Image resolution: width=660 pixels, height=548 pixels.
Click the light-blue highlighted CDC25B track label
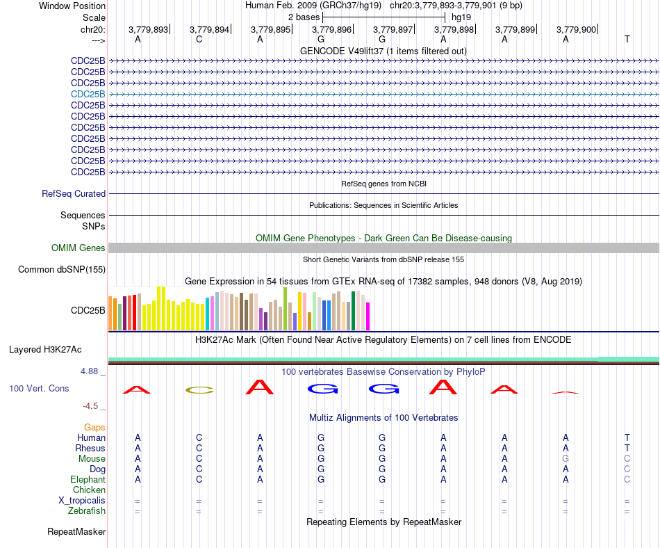click(x=88, y=94)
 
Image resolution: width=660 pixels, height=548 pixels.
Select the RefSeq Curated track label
click(x=74, y=194)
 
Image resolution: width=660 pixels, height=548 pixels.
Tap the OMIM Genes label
click(x=79, y=248)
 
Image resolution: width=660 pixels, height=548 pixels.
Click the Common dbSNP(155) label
click(x=62, y=270)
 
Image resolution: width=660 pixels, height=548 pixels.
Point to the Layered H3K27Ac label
click(x=45, y=350)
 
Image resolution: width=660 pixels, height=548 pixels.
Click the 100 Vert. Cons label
click(x=39, y=388)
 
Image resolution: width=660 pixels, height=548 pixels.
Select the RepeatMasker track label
click(x=76, y=531)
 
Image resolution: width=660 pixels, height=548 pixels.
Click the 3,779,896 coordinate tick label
click(x=331, y=29)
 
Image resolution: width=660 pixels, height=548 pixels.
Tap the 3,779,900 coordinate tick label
click(x=576, y=29)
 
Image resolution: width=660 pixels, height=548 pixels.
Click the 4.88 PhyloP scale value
click(x=89, y=371)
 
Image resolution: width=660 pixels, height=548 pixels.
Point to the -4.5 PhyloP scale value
click(x=90, y=406)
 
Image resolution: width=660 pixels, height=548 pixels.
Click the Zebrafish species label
click(x=87, y=511)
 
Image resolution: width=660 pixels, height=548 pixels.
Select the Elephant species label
click(x=88, y=479)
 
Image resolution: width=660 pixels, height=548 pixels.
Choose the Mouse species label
click(x=92, y=459)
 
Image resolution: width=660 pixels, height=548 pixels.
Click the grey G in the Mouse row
click(x=566, y=459)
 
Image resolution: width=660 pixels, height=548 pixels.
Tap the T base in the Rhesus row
click(x=627, y=448)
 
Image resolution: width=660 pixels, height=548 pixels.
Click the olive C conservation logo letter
click(x=199, y=390)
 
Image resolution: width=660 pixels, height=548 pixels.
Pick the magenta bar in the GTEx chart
click(x=368, y=316)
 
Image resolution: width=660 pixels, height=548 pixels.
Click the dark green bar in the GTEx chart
click(x=354, y=311)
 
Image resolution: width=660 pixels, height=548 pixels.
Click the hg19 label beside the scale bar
click(x=461, y=17)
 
